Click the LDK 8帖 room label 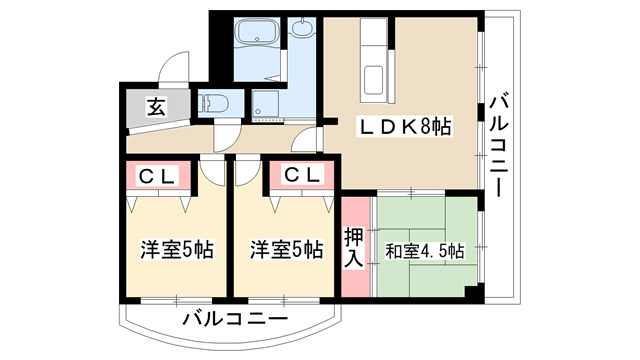click(405, 127)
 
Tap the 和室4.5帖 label click(424, 251)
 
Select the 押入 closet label click(353, 248)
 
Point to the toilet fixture click(211, 101)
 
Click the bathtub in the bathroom click(257, 31)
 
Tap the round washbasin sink click(303, 28)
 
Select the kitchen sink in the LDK click(373, 80)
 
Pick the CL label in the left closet click(157, 176)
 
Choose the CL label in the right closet click(302, 175)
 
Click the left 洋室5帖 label click(176, 250)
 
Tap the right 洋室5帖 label click(287, 250)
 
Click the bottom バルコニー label click(235, 319)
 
